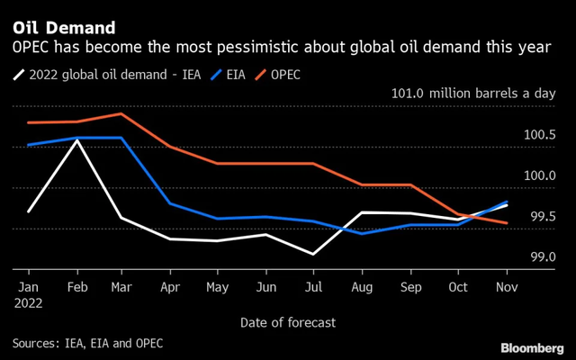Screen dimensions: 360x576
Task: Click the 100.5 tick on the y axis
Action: [x=540, y=135]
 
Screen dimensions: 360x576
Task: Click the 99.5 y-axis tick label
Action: [x=540, y=217]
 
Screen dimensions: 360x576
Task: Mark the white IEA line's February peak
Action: [x=77, y=140]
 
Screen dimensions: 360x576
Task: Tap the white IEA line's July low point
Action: [x=313, y=254]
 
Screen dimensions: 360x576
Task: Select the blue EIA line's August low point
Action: [x=362, y=233]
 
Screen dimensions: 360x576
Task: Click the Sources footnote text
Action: [x=88, y=343]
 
